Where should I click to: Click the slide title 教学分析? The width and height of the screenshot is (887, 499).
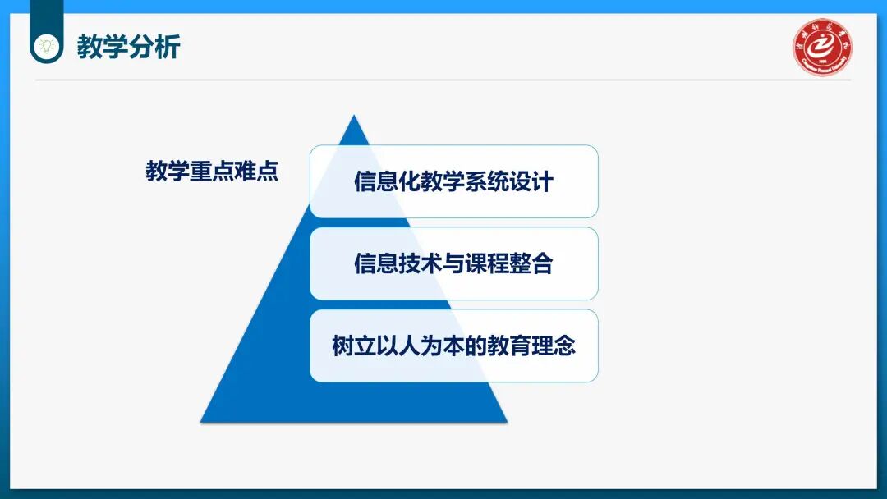point(128,47)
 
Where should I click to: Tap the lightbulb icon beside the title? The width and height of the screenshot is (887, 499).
point(47,43)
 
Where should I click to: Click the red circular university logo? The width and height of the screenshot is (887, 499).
point(822,47)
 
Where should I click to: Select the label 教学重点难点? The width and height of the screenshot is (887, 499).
point(212,172)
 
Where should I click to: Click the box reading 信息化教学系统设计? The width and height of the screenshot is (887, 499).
point(453,181)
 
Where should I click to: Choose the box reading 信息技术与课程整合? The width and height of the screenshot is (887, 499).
point(453,263)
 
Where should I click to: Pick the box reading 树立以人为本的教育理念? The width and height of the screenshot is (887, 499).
point(453,346)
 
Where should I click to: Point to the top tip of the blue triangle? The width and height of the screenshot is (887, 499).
point(354,117)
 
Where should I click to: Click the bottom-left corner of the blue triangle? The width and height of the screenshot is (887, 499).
point(202,421)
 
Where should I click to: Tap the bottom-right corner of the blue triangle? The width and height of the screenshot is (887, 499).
point(506,421)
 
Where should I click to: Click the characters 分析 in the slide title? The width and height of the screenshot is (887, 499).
point(154,47)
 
